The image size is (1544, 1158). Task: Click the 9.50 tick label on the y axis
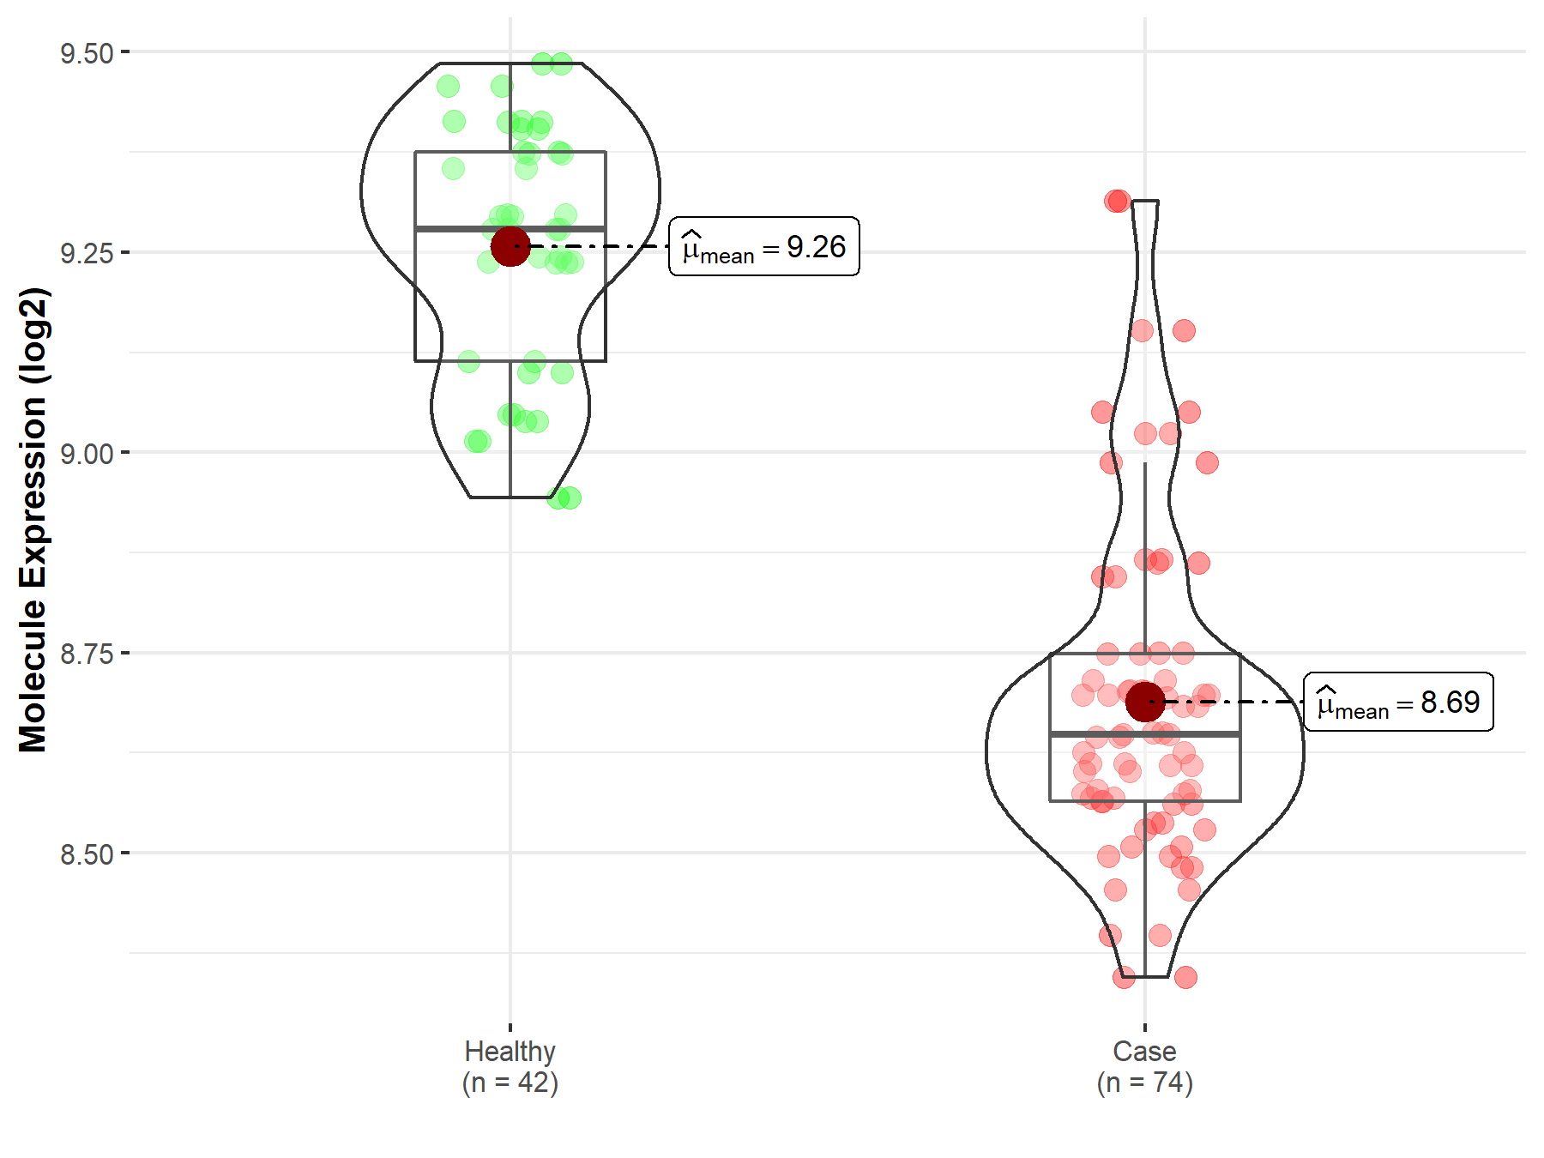pyautogui.click(x=86, y=53)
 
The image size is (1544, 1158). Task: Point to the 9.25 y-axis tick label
pyautogui.click(x=86, y=253)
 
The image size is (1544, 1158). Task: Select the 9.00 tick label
pyautogui.click(x=86, y=454)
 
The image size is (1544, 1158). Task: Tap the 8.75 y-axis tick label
pyautogui.click(x=86, y=654)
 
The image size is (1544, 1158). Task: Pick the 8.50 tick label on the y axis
pyautogui.click(x=86, y=854)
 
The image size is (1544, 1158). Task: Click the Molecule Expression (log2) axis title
pyautogui.click(x=33, y=520)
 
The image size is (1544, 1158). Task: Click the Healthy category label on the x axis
pyautogui.click(x=510, y=1051)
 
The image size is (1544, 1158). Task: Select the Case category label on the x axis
pyautogui.click(x=1144, y=1051)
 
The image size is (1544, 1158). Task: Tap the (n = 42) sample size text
pyautogui.click(x=510, y=1083)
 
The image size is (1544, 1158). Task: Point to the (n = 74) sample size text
pyautogui.click(x=1144, y=1083)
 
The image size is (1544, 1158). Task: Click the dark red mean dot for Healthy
pyautogui.click(x=510, y=246)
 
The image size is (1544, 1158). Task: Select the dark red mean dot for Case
pyautogui.click(x=1145, y=702)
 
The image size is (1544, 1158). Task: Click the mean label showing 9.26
pyautogui.click(x=763, y=247)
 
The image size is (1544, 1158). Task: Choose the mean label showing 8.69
pyautogui.click(x=1398, y=703)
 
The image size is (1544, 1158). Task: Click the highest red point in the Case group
pyautogui.click(x=1117, y=201)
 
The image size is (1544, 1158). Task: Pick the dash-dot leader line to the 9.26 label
pyautogui.click(x=600, y=246)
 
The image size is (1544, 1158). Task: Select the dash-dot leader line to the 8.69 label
pyautogui.click(x=1235, y=702)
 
